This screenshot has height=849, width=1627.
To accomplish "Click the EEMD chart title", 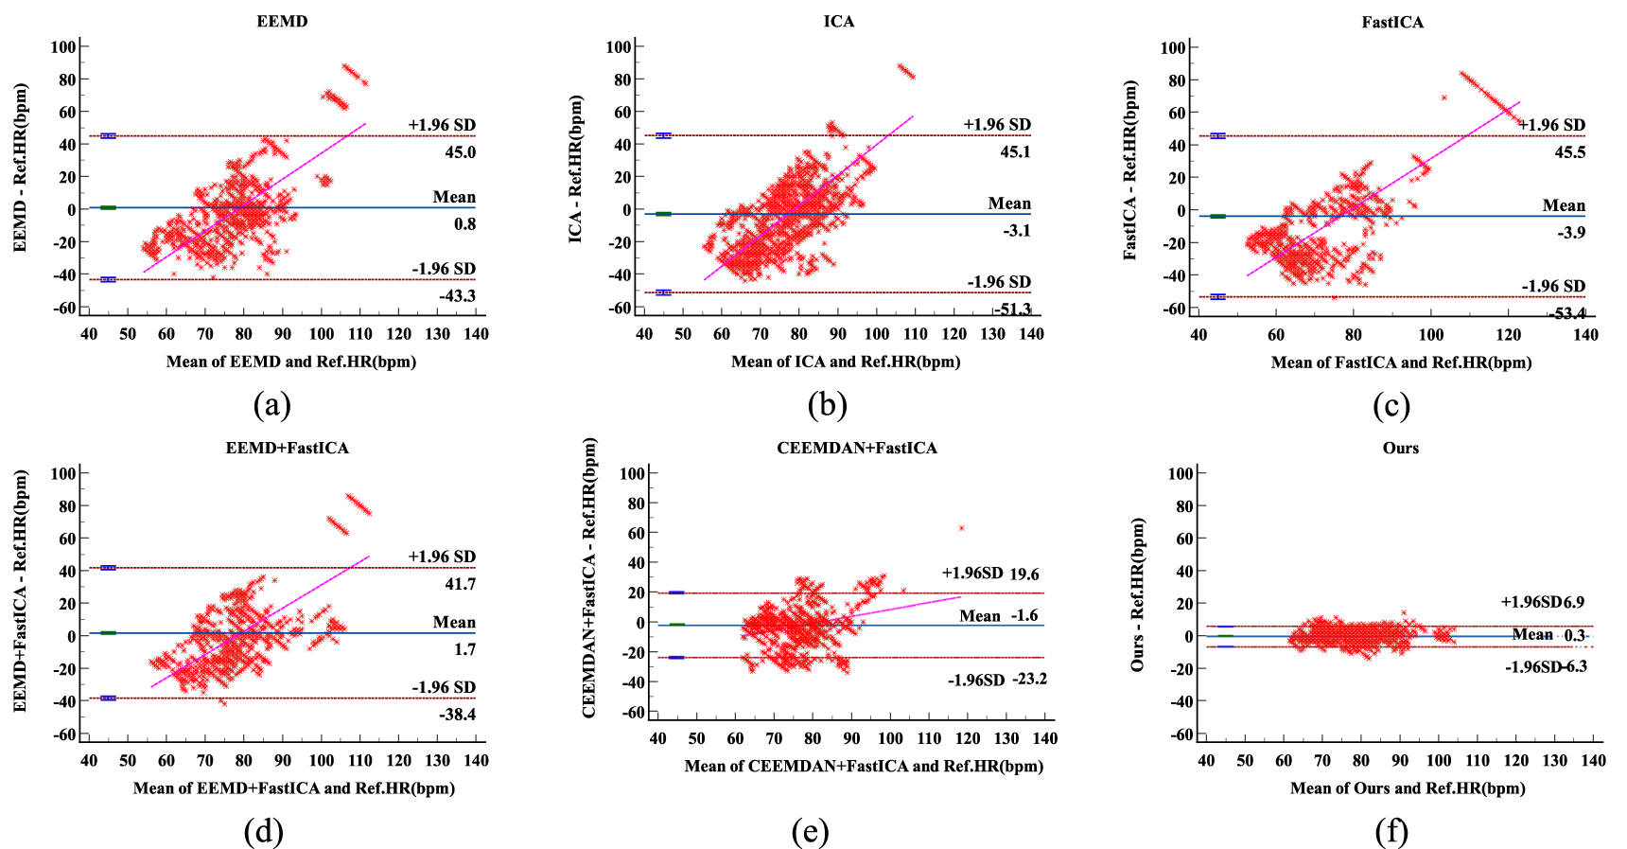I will click(x=282, y=21).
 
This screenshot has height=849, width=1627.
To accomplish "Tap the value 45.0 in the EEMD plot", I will click(x=461, y=152).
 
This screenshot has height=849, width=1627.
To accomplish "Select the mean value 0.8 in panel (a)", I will click(x=464, y=224).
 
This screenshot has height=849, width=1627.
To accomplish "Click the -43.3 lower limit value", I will click(x=457, y=296).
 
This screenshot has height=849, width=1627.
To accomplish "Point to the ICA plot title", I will click(x=838, y=21).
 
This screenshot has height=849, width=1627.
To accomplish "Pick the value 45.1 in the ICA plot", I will click(x=1016, y=152).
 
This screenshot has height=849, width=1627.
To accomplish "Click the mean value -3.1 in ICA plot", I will click(x=1017, y=231).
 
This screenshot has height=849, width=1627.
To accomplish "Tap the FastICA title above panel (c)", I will click(x=1392, y=22).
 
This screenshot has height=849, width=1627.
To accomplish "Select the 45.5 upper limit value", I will click(x=1570, y=152).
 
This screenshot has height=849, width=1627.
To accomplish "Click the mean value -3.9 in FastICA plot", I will click(x=1571, y=233).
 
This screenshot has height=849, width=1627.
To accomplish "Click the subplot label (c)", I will click(x=1391, y=406).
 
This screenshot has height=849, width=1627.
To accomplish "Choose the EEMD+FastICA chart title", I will click(x=287, y=448).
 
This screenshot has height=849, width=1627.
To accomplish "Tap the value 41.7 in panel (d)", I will click(x=461, y=584).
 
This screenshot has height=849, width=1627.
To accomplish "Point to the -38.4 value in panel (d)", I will click(x=457, y=715).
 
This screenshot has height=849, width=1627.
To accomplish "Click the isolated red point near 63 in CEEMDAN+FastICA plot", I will click(x=962, y=528).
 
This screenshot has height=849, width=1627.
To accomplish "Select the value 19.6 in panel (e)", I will click(x=1024, y=574).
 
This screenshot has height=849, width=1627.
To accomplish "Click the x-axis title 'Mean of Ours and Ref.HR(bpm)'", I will click(x=1408, y=788).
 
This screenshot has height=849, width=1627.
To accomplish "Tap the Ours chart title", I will click(x=1400, y=448).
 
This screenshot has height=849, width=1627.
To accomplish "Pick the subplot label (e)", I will click(x=811, y=832).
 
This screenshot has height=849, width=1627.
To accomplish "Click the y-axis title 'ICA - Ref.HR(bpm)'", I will click(x=575, y=168).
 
